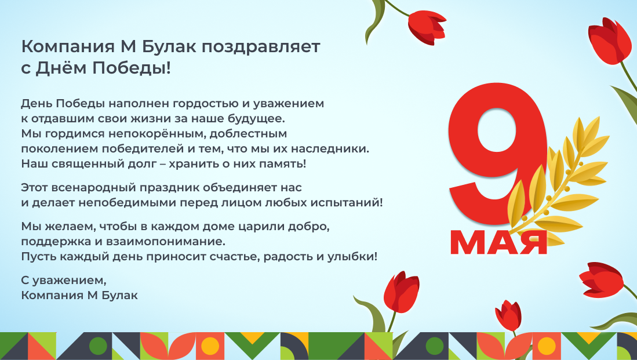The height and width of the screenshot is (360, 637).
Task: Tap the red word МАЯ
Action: tap(498, 242)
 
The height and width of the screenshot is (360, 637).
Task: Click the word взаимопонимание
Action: tap(165, 242)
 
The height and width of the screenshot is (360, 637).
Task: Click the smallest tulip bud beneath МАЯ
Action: tap(508, 315)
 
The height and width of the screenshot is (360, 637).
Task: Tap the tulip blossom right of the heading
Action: tap(427, 27)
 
